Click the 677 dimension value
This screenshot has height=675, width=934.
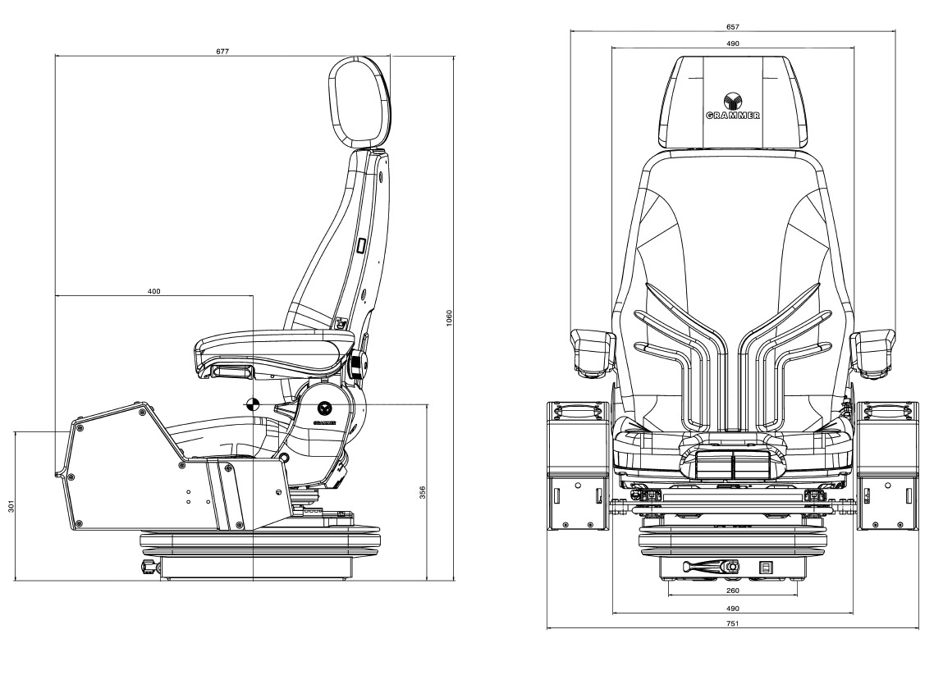click(x=222, y=51)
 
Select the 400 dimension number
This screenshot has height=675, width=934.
click(x=153, y=291)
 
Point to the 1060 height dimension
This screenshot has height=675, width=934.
click(x=448, y=318)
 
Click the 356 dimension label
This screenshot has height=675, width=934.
click(x=423, y=492)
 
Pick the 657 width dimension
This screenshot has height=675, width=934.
click(x=732, y=26)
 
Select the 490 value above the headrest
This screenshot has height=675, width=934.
click(x=732, y=43)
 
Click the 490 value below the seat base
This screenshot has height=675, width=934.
click(x=732, y=609)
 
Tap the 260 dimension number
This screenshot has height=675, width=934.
click(x=732, y=590)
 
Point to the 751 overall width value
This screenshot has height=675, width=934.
click(x=732, y=624)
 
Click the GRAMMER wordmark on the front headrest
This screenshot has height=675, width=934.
click(x=732, y=116)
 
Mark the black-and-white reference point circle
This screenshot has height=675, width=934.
click(x=253, y=403)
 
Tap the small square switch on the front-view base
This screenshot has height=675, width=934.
click(x=767, y=566)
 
